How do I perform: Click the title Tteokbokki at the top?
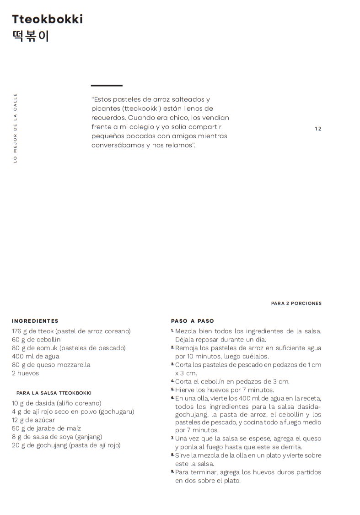coord(48,19)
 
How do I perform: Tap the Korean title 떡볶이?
coord(30,36)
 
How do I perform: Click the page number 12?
coord(318,129)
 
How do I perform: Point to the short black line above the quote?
coord(107,86)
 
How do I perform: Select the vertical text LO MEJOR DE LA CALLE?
coord(15,128)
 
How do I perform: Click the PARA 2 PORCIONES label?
coord(296,303)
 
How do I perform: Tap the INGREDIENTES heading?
coord(35,321)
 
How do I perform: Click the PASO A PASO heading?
coord(193,321)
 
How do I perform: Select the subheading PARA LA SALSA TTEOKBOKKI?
coord(54,393)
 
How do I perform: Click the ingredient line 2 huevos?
coord(26,373)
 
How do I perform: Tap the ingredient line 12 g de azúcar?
coord(33,420)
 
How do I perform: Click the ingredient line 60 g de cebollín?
coord(36,340)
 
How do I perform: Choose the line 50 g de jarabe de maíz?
coord(46,428)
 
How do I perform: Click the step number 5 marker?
coord(173,389)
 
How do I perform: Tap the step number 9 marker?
coord(173,472)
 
